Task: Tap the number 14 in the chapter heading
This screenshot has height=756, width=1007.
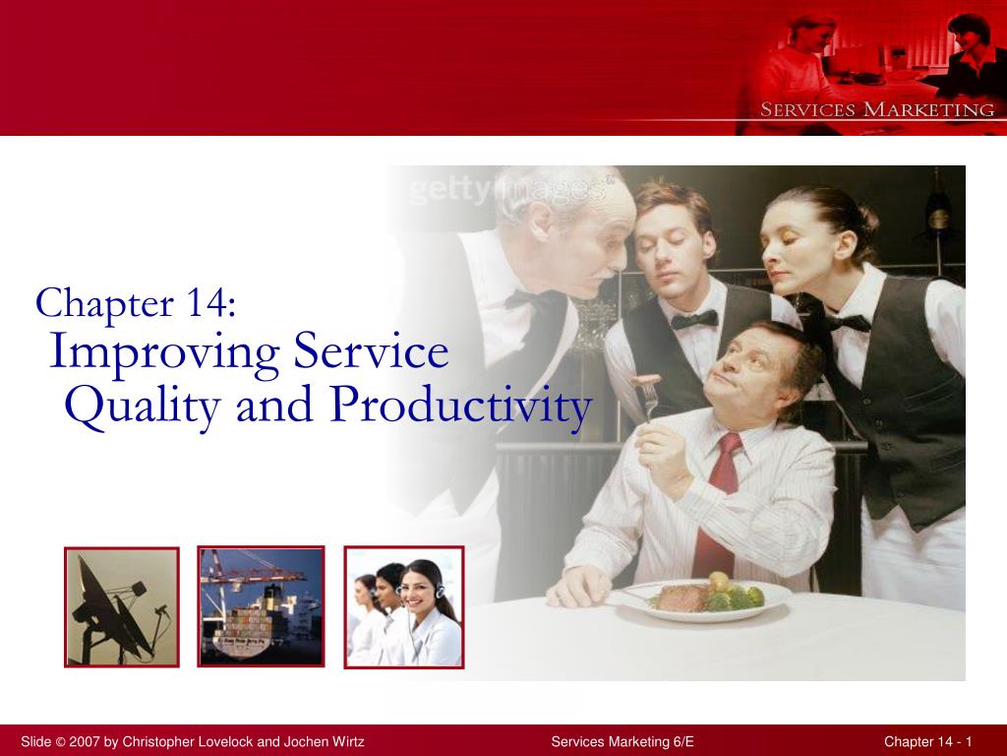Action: tap(207, 303)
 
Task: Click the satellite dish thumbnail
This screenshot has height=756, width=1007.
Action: tap(121, 606)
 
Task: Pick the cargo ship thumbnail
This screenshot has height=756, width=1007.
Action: tap(261, 606)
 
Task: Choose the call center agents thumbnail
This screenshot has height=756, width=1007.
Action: tap(404, 607)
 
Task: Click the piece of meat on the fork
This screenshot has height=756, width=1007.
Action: tap(645, 380)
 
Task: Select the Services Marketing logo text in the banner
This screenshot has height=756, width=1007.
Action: tap(877, 110)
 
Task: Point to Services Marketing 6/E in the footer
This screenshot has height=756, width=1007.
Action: tap(622, 741)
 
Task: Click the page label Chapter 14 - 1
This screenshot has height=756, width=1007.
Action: tap(928, 741)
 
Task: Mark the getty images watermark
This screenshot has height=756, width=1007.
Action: tap(507, 189)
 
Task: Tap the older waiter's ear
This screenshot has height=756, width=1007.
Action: tap(541, 220)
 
